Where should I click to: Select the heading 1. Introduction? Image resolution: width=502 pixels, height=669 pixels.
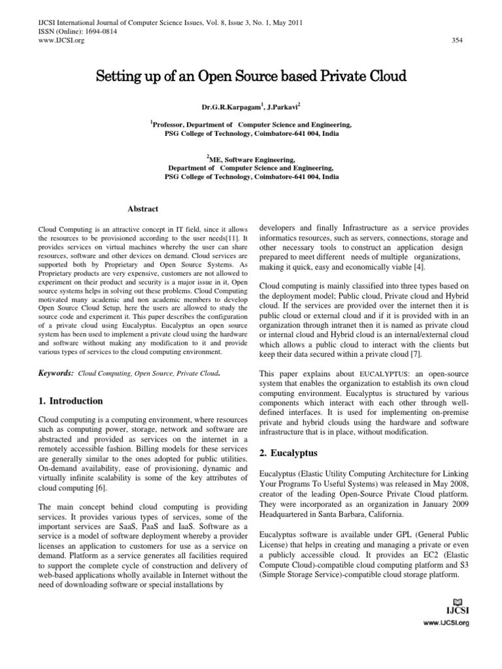71,401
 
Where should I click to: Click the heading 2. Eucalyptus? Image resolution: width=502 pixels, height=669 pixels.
288,453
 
